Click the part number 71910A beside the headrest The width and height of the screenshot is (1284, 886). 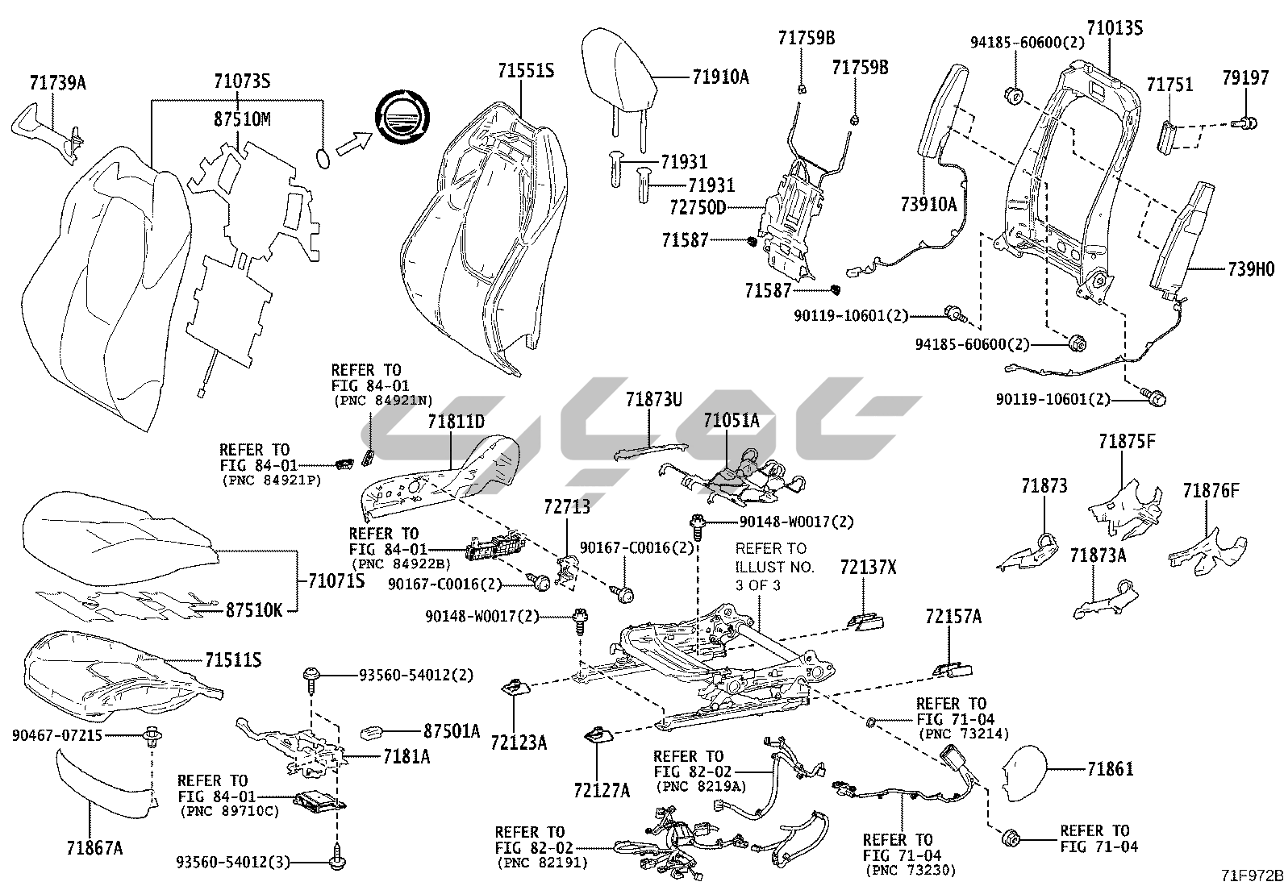tap(720, 77)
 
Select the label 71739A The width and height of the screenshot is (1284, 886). tap(57, 82)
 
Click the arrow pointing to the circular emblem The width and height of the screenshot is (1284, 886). tap(352, 143)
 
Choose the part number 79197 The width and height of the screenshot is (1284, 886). tap(1246, 78)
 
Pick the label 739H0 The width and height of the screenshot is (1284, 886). tap(1251, 270)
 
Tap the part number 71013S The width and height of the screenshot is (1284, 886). tap(1115, 28)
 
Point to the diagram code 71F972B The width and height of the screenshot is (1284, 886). tap(1251, 874)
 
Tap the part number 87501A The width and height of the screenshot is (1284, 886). tap(452, 731)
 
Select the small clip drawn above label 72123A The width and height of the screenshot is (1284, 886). tap(515, 688)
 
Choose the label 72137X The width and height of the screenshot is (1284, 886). tap(868, 567)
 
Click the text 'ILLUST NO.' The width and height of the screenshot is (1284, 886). tap(774, 567)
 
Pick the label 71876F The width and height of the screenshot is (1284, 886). tap(1211, 490)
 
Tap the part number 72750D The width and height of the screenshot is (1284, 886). tap(698, 208)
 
